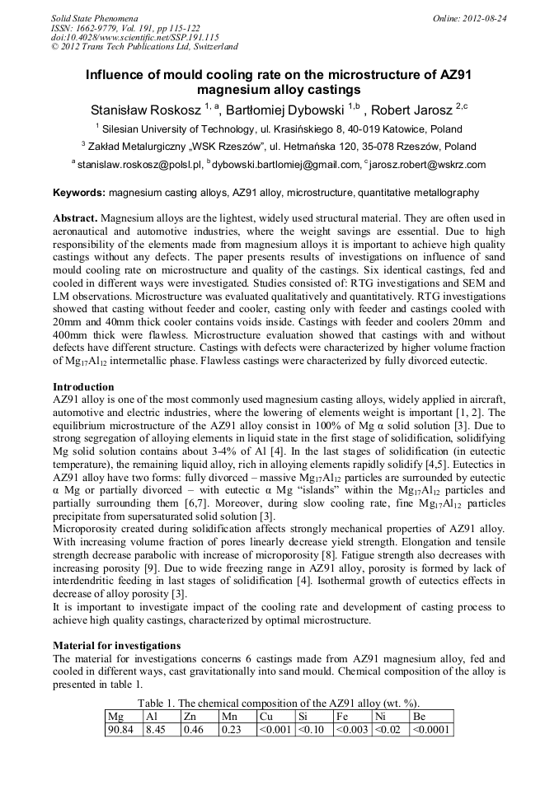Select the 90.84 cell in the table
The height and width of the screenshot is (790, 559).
click(x=122, y=729)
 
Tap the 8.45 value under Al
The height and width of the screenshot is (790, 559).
click(x=156, y=729)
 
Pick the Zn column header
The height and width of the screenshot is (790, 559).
click(x=190, y=717)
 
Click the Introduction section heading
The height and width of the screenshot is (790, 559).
click(x=83, y=386)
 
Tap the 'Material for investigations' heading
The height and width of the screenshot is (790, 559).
click(x=116, y=646)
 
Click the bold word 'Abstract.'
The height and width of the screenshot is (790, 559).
click(x=76, y=218)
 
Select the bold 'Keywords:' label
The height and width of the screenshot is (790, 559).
click(x=79, y=193)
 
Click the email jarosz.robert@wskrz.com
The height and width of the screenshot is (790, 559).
click(x=428, y=165)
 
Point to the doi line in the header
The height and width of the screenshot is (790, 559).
click(x=135, y=37)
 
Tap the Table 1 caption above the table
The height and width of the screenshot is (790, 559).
click(x=279, y=703)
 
